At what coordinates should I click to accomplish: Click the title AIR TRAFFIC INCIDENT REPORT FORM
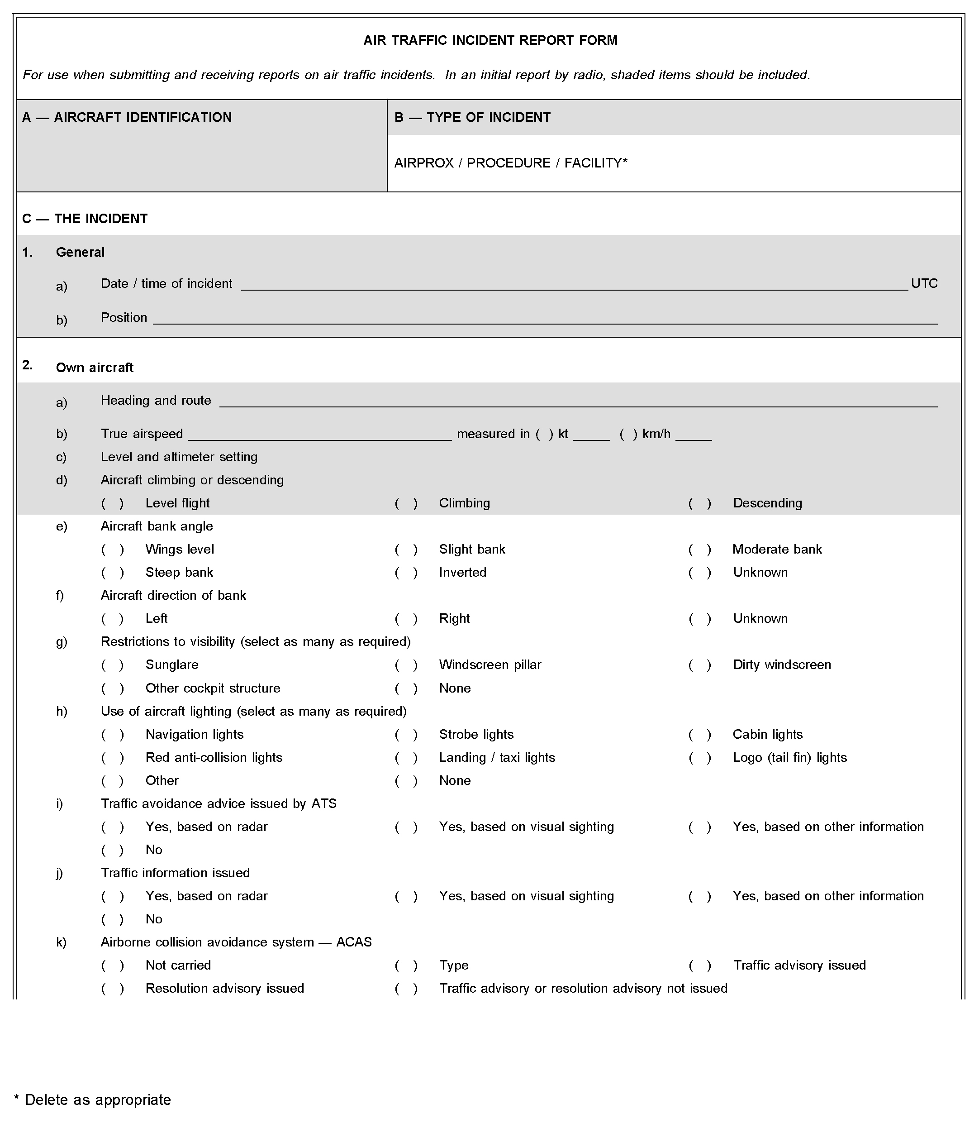tap(490, 40)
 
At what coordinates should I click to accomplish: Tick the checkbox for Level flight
tap(113, 503)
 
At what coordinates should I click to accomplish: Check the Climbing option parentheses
tap(406, 503)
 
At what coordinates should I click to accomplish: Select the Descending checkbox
tap(700, 503)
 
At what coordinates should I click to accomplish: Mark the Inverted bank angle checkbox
tap(406, 573)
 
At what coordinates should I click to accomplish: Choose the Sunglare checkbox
tap(113, 665)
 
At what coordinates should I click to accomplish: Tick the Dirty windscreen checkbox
tap(700, 665)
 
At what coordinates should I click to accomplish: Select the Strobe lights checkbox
tap(406, 735)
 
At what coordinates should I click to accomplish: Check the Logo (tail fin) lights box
tap(700, 758)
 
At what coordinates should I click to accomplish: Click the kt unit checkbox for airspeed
tap(544, 435)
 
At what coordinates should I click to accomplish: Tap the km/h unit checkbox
tap(628, 435)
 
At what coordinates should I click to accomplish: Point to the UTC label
tap(924, 284)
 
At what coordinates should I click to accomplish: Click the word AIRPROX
tap(424, 163)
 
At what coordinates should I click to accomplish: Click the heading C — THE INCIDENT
tap(85, 219)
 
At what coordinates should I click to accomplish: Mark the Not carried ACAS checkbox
tap(113, 965)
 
